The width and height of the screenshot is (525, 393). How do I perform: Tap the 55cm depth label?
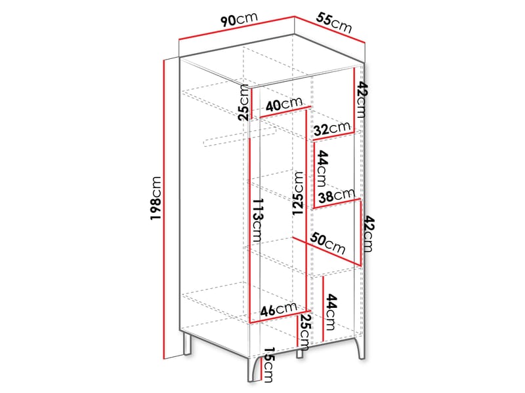(334, 23)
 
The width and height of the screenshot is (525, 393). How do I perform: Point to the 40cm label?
(283, 103)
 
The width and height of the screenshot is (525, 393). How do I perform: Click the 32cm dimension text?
(331, 128)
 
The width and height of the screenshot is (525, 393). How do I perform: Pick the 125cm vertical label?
(299, 193)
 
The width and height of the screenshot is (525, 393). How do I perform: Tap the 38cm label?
(336, 195)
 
